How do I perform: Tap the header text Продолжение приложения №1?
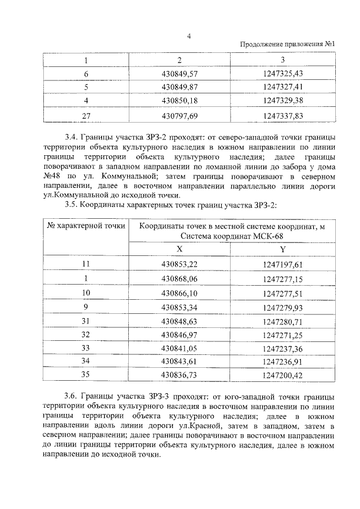pos(287,45)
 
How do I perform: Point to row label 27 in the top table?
pos(86,115)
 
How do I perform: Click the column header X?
pos(179,249)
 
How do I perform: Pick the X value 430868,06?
pos(179,278)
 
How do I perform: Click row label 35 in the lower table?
pos(86,374)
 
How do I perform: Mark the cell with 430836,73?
pos(179,374)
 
